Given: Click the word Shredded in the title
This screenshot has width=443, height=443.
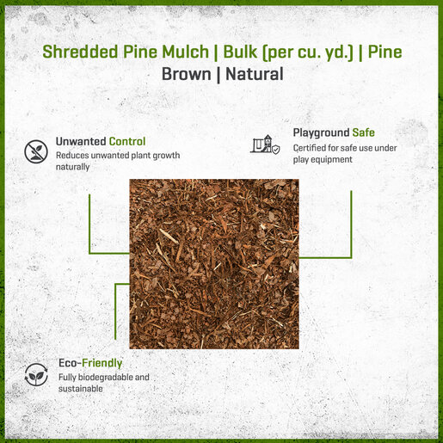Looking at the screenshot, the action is pyautogui.click(x=80, y=52).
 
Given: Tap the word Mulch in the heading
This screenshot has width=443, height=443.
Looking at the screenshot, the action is pyautogui.click(x=185, y=52).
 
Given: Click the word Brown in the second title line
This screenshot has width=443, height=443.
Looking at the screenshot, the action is pyautogui.click(x=187, y=74).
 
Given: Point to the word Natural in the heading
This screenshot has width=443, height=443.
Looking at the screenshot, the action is pyautogui.click(x=255, y=74).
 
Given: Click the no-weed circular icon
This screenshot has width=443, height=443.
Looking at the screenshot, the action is pyautogui.click(x=36, y=151).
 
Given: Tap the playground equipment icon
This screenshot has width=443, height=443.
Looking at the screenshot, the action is pyautogui.click(x=265, y=145).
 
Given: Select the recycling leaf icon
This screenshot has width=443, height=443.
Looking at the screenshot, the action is pyautogui.click(x=36, y=374).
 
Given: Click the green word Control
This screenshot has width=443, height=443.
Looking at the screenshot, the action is pyautogui.click(x=127, y=141).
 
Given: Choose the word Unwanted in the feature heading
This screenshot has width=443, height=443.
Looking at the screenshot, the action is pyautogui.click(x=81, y=141).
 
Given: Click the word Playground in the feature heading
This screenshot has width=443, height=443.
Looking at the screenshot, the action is pyautogui.click(x=321, y=133).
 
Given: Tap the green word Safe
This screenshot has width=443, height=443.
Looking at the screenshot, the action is pyautogui.click(x=364, y=132).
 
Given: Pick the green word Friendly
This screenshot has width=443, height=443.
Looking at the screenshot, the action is pyautogui.click(x=102, y=363).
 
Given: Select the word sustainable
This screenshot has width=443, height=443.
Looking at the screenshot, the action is pyautogui.click(x=81, y=389).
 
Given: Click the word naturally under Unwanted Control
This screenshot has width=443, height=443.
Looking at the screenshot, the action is pyautogui.click(x=72, y=167).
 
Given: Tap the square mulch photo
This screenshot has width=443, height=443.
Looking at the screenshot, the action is pyautogui.click(x=214, y=264).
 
